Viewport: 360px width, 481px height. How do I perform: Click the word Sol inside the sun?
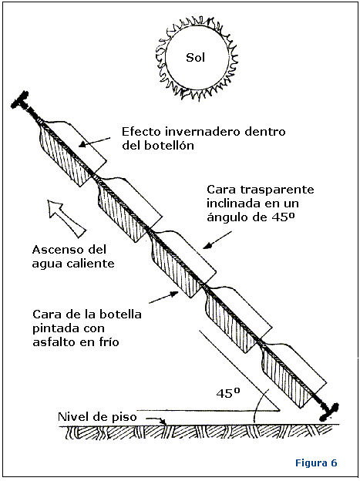point(195,57)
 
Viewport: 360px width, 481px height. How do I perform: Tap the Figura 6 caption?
point(316,462)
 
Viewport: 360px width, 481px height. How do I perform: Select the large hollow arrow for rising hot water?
point(67,217)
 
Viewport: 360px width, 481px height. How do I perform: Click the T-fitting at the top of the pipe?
point(21,100)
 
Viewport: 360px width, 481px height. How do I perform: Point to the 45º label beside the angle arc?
point(228,393)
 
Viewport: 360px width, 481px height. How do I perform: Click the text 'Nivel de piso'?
point(97,417)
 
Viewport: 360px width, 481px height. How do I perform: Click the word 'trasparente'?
point(277,190)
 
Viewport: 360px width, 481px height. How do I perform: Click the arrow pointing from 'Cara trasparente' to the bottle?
point(218,239)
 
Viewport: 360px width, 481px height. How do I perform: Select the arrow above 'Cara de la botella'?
point(163,298)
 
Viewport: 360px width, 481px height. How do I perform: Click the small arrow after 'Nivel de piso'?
point(156,420)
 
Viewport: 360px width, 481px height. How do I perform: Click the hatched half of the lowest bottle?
point(285,377)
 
